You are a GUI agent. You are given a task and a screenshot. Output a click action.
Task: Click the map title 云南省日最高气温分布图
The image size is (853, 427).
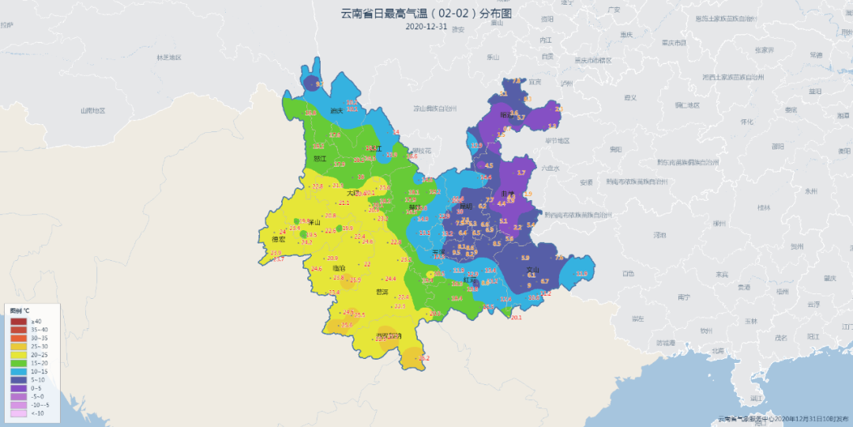426,13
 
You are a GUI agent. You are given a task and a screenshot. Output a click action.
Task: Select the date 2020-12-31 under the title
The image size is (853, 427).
426,26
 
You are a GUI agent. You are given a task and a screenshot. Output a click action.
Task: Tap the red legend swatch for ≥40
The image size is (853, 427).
17,321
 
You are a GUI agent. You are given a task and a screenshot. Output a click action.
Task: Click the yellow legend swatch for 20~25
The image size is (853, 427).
17,354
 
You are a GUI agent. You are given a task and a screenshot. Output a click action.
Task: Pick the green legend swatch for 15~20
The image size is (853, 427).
17,363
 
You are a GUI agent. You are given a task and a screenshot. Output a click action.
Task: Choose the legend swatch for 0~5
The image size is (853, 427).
17,387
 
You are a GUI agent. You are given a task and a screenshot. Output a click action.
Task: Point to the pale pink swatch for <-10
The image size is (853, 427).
17,413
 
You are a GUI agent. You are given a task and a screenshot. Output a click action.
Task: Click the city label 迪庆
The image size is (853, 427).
336,111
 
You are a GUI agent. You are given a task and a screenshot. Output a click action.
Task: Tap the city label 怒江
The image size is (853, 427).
320,158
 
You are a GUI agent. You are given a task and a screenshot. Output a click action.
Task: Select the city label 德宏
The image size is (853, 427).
278,239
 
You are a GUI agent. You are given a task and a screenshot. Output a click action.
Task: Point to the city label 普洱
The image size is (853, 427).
382,292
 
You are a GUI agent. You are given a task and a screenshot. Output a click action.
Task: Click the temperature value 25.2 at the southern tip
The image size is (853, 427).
424,359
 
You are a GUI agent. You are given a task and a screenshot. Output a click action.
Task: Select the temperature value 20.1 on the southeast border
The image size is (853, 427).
517,317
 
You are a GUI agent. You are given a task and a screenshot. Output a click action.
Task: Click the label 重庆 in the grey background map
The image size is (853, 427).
627,35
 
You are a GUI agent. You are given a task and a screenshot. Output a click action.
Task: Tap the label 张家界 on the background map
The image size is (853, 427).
763,50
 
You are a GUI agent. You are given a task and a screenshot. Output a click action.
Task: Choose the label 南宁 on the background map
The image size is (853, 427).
684,297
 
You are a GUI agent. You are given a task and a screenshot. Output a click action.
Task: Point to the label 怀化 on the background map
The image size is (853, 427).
746,122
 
